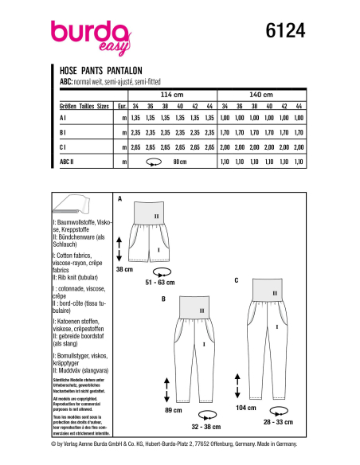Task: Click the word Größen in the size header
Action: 68,105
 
